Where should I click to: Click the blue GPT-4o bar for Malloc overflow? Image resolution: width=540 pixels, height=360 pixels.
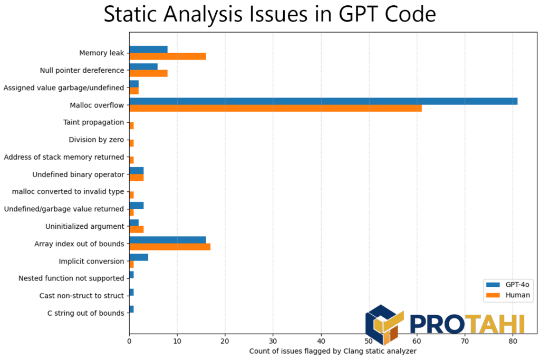[323, 101]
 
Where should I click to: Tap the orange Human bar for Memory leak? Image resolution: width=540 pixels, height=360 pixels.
[167, 56]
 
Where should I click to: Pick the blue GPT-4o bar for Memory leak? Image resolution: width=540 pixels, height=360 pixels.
[148, 50]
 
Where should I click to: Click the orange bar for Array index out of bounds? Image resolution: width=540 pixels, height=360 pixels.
[170, 247]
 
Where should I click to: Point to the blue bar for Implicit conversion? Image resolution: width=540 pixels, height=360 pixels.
[139, 257]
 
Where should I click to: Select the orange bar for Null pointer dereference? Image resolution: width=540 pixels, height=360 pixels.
[148, 73]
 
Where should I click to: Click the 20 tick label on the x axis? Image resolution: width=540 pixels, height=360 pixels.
[225, 341]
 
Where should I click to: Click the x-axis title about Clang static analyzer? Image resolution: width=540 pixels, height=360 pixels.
[333, 351]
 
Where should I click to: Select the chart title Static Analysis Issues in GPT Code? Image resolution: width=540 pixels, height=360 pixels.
[269, 14]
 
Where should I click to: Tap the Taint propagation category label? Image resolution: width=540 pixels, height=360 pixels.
[93, 122]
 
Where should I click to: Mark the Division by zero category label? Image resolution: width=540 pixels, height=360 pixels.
[97, 140]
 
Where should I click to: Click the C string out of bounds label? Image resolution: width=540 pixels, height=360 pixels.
[85, 313]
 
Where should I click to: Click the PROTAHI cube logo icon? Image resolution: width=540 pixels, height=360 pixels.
[384, 324]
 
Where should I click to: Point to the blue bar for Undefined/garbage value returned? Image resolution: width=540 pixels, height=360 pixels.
[136, 206]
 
